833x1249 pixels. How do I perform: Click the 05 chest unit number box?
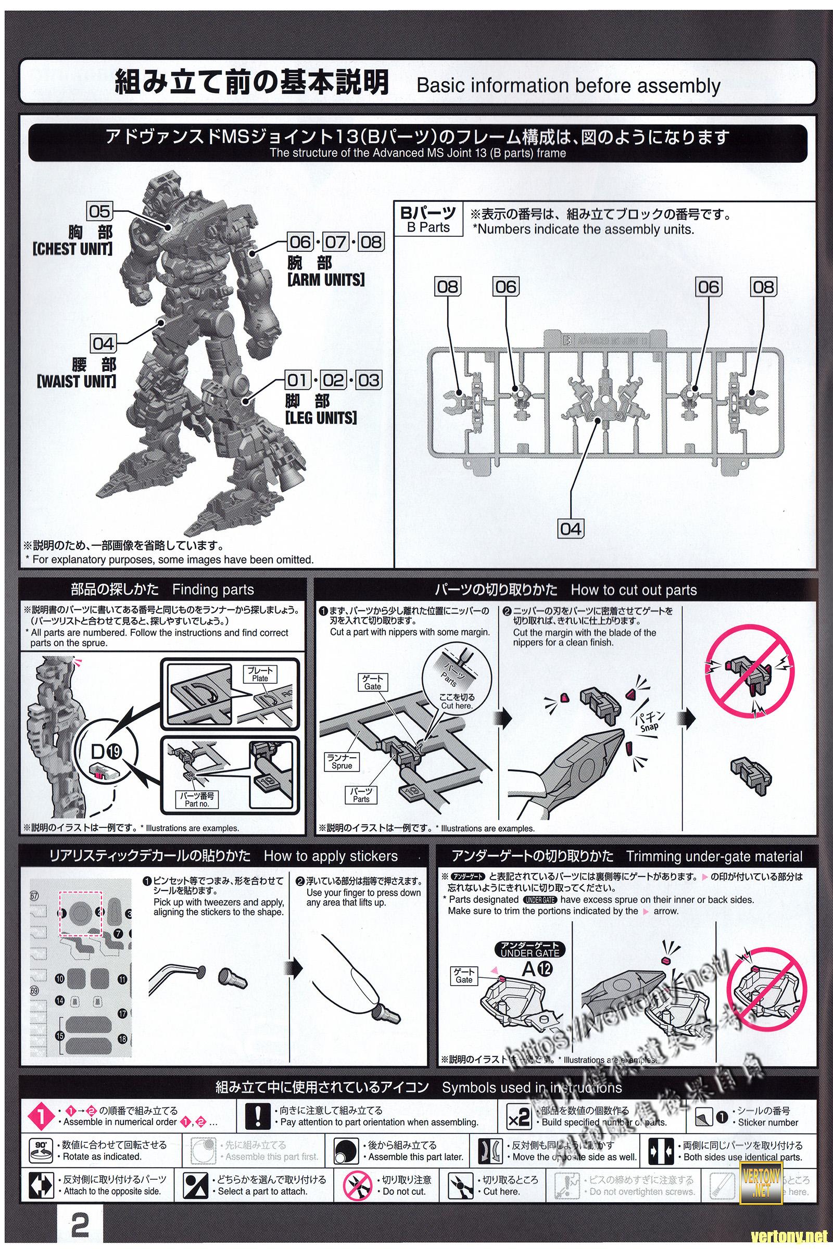click(x=99, y=211)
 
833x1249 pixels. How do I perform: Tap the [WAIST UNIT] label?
click(x=77, y=381)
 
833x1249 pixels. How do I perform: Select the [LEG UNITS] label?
click(x=321, y=418)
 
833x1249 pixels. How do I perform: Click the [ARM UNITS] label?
click(x=326, y=280)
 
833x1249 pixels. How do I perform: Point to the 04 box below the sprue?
click(x=571, y=528)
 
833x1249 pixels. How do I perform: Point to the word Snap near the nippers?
click(x=649, y=727)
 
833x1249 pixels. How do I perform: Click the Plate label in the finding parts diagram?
click(x=260, y=674)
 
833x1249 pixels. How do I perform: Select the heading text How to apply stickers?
click(x=331, y=856)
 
